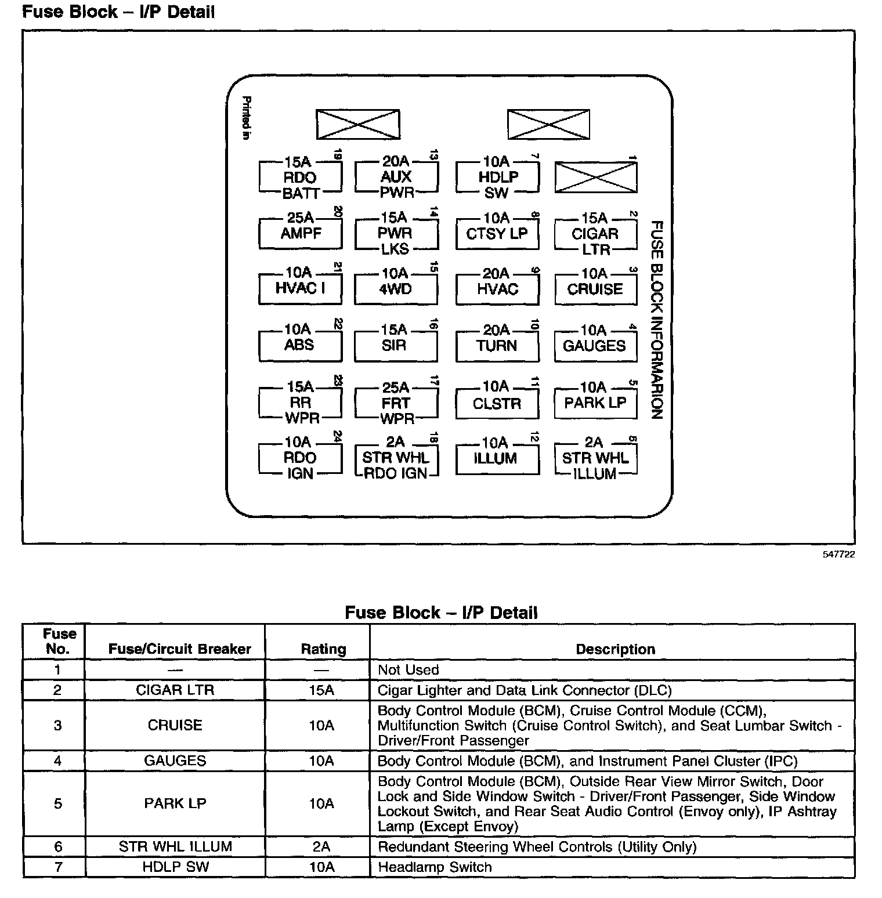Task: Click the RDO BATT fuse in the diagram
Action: pos(300,178)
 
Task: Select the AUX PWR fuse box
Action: pos(396,177)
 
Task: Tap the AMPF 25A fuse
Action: pos(300,233)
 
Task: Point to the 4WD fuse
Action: pos(396,289)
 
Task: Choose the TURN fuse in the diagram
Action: pos(497,345)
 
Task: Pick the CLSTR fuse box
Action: pos(497,403)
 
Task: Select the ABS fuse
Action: pos(299,345)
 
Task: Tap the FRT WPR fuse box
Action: pos(396,403)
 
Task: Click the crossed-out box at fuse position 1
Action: pos(595,178)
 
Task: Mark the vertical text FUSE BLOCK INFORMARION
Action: pos(656,319)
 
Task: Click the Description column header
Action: pos(615,649)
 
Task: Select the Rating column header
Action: pos(323,649)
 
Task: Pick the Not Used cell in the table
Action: pos(409,670)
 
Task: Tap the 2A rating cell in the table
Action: pos(321,847)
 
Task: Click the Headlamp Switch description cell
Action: pos(435,867)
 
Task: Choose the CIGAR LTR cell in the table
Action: pos(175,690)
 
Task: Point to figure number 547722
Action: pos(838,555)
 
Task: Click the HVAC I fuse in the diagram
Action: pos(300,288)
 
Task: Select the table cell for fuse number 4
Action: pos(57,761)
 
